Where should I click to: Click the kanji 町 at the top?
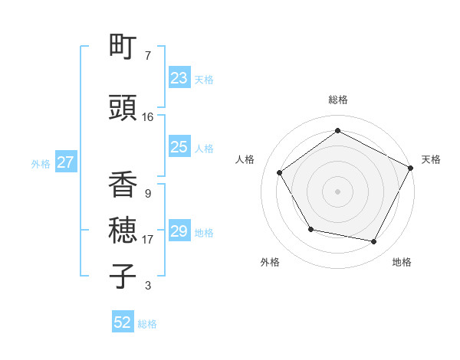coord(123,47)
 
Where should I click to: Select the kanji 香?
coord(123,186)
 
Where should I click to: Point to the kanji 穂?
coord(123,231)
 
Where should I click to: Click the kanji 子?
coord(123,276)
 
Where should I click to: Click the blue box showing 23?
coord(179,78)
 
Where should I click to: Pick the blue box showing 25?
coord(179,147)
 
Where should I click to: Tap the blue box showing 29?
coord(179,231)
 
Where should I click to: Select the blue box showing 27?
coord(65,162)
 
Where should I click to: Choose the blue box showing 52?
coord(123,322)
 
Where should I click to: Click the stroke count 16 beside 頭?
coord(148,117)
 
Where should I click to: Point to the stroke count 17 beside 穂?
coord(148,240)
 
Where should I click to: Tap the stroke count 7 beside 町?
coord(148,56)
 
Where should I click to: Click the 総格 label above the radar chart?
coord(338,100)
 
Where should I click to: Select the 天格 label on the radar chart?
coord(431,159)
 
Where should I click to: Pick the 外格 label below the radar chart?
coord(270,262)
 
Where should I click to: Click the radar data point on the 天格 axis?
coord(411,167)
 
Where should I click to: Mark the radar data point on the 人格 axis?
coord(280,172)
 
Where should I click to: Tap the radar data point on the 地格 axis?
coord(374,241)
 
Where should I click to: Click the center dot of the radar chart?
coord(338,191)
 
